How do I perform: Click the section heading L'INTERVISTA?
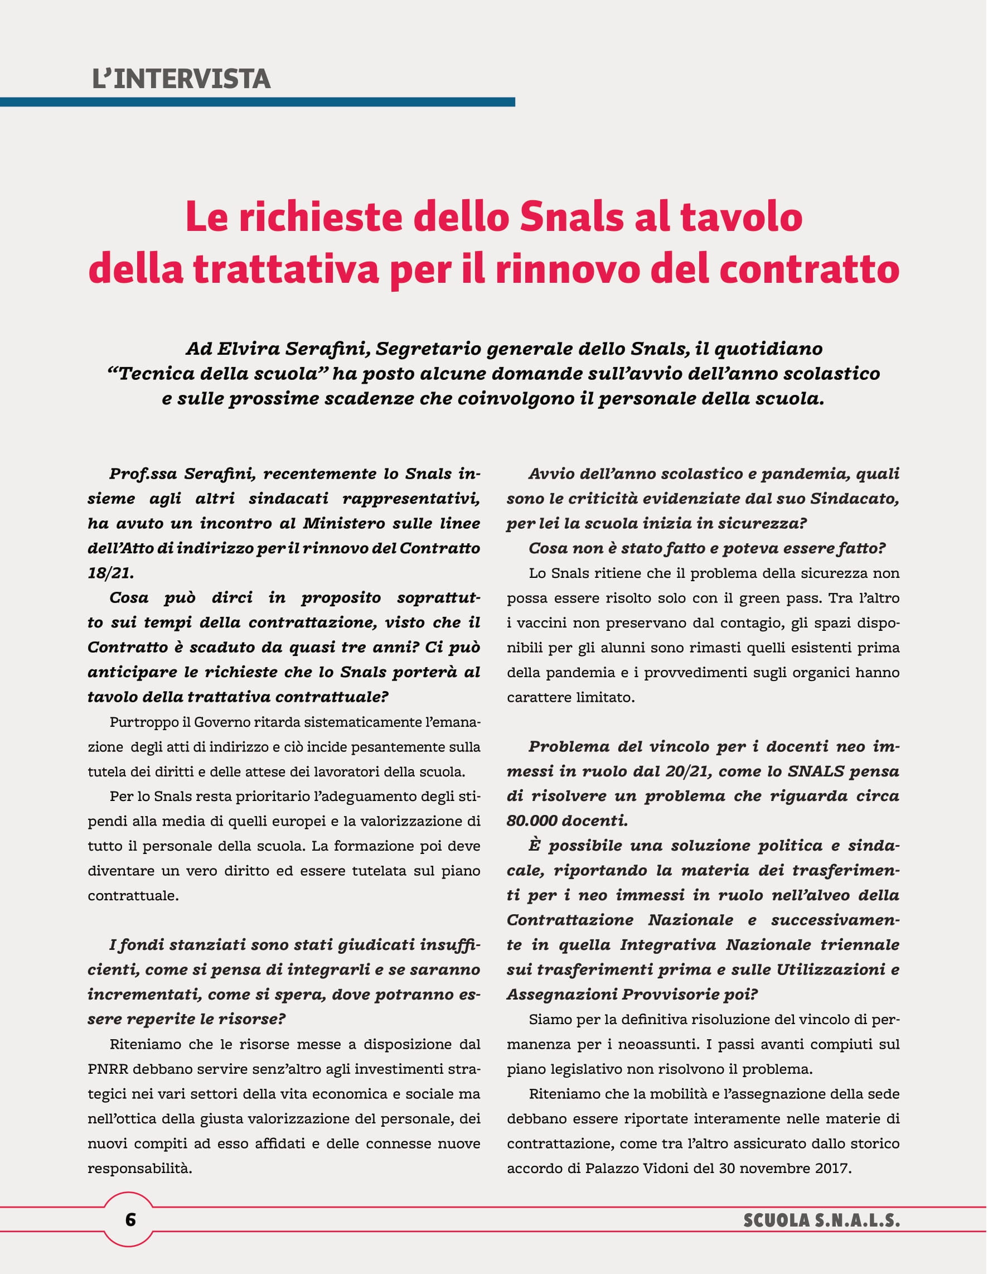coord(181,79)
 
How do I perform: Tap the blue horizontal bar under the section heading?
coord(256,102)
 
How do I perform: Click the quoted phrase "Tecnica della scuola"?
coord(216,373)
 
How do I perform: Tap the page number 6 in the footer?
coord(130,1219)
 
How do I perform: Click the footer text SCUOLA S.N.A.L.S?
coord(821,1220)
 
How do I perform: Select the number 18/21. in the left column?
coord(111,573)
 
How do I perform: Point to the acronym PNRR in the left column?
coord(108,1069)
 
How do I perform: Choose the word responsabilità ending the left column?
coord(140,1169)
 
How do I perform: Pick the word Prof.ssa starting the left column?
coord(143,474)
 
